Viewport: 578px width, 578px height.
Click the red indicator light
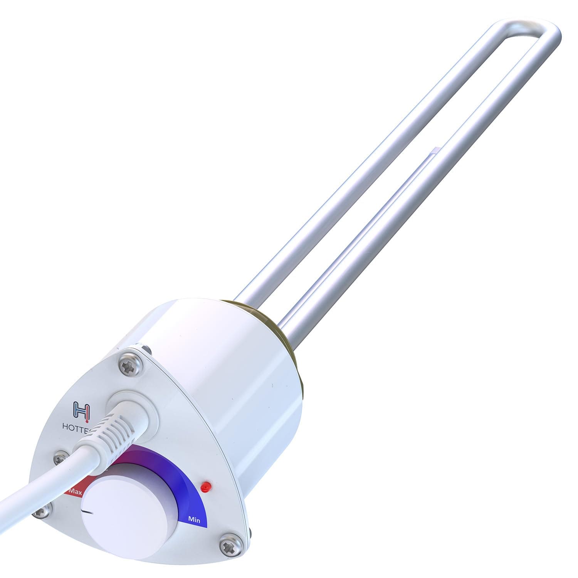pos(205,487)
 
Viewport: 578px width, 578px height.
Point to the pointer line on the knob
pos(89,511)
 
